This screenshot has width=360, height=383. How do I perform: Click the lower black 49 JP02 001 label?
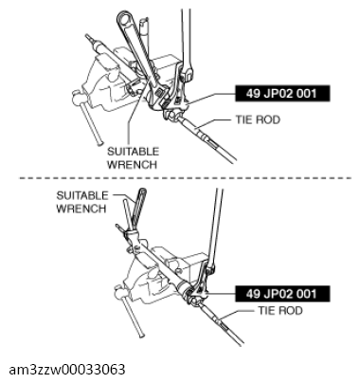[x=282, y=293]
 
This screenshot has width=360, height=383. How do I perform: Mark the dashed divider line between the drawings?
[x=180, y=178]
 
